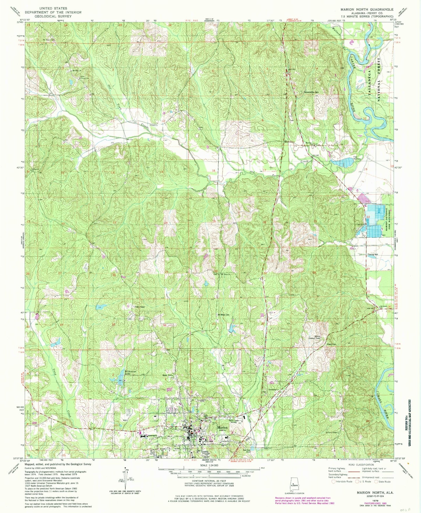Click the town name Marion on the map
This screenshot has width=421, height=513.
[x=223, y=427]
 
